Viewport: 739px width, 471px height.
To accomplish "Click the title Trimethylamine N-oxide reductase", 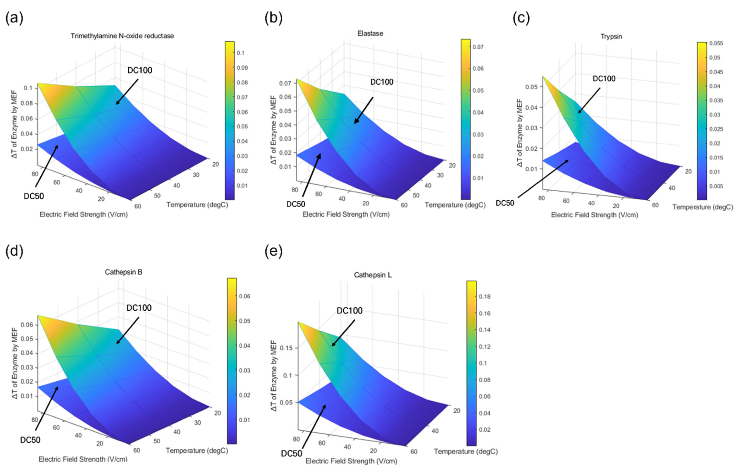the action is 122,36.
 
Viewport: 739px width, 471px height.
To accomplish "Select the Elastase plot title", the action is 370,34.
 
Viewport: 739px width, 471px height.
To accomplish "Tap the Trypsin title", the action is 611,36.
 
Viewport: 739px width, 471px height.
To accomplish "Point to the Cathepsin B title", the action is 124,272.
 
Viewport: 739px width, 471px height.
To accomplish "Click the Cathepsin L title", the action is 373,275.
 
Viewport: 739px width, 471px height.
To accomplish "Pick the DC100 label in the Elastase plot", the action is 382,82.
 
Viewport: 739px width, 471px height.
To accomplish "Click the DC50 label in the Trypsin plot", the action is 505,203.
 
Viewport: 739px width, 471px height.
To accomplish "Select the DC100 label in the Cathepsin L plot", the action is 349,311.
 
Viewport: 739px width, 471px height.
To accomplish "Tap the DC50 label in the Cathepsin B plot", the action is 30,440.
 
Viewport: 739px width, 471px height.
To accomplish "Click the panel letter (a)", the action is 14,18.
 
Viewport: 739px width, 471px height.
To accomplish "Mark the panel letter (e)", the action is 273,251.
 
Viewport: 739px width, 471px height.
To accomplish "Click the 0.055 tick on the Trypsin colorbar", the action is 716,44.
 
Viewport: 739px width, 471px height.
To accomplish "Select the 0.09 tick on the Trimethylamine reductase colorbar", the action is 242,68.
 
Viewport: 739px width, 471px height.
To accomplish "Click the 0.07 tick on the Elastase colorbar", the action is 478,47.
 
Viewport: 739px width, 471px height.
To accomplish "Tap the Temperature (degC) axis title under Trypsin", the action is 703,207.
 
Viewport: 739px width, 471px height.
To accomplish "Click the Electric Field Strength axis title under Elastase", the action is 346,214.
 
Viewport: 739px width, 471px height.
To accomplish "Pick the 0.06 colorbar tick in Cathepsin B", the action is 245,296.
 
